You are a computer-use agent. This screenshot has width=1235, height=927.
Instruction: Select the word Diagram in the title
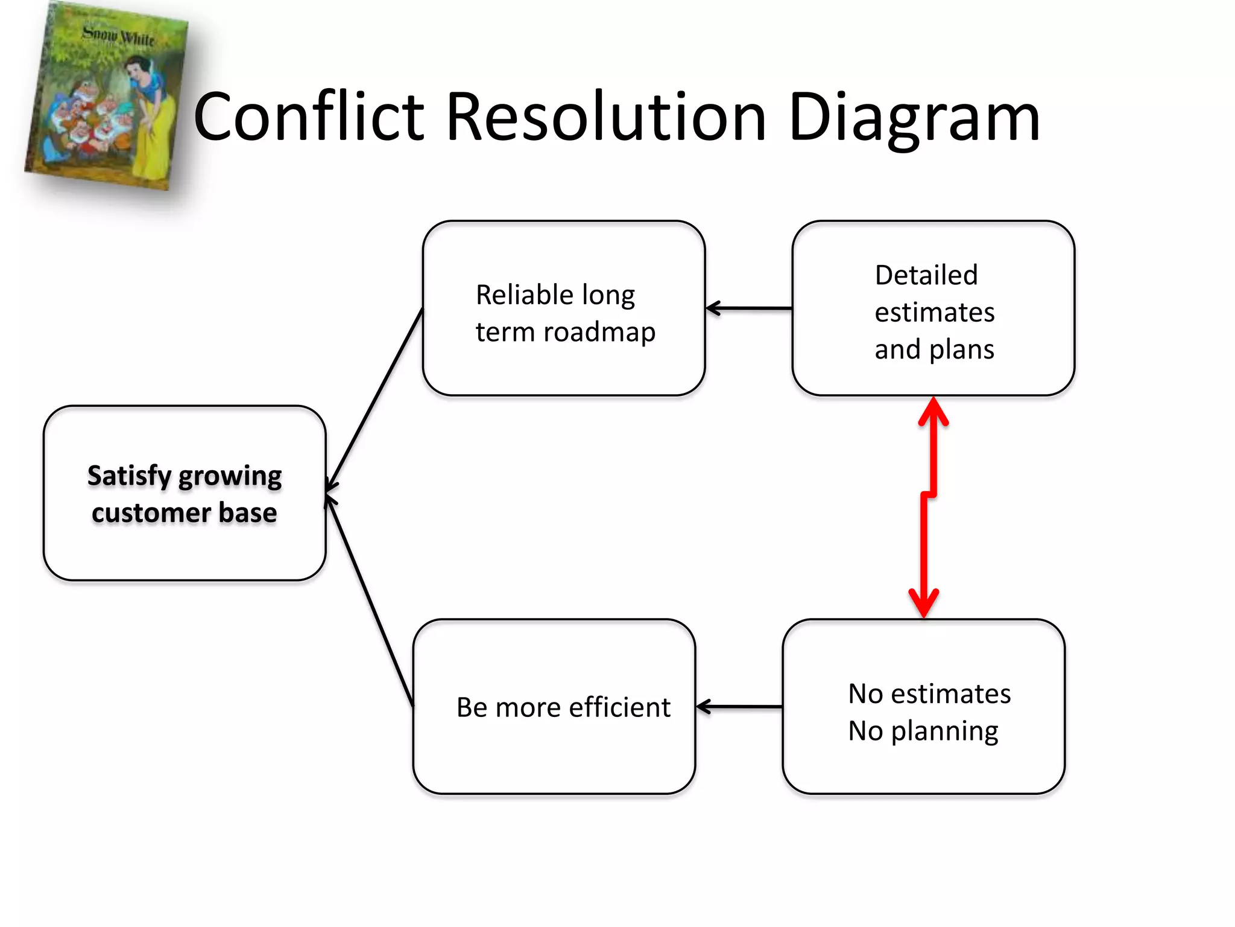914,118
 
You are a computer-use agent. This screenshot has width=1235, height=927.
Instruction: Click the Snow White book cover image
106,97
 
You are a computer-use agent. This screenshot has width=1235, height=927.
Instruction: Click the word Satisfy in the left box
129,477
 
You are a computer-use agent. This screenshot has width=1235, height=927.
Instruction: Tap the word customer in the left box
151,513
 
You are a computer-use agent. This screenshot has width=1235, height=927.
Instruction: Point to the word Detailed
926,276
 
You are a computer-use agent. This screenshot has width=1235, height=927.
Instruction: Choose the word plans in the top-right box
962,350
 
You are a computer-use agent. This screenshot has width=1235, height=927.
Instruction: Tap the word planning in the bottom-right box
944,731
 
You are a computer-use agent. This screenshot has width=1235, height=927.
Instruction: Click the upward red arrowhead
933,410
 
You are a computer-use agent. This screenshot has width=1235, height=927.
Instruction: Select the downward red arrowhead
923,604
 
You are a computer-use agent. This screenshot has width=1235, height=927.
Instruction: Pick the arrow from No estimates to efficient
739,707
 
